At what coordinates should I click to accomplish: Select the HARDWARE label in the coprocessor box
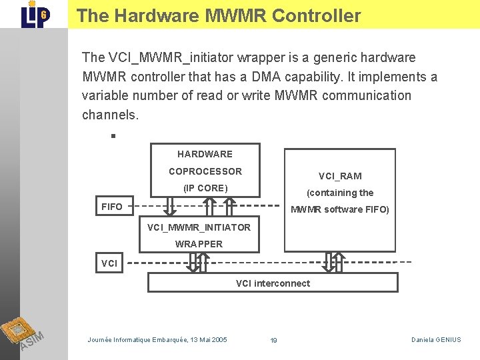(x=205, y=154)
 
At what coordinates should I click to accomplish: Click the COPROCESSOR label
(x=205, y=171)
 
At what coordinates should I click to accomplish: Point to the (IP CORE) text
(x=205, y=188)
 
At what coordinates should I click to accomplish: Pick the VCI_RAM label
(x=340, y=176)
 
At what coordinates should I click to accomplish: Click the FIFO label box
(x=112, y=207)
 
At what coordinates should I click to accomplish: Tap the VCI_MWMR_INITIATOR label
(x=199, y=227)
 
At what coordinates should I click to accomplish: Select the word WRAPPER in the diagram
(x=199, y=244)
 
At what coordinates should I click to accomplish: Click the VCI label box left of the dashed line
(x=109, y=263)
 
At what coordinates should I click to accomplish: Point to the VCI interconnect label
(x=273, y=283)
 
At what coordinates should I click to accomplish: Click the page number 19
(x=273, y=341)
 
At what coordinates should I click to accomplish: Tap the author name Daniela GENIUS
(x=436, y=340)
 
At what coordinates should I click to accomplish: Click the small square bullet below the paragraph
(x=113, y=135)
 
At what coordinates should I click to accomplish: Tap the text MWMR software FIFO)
(x=340, y=209)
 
